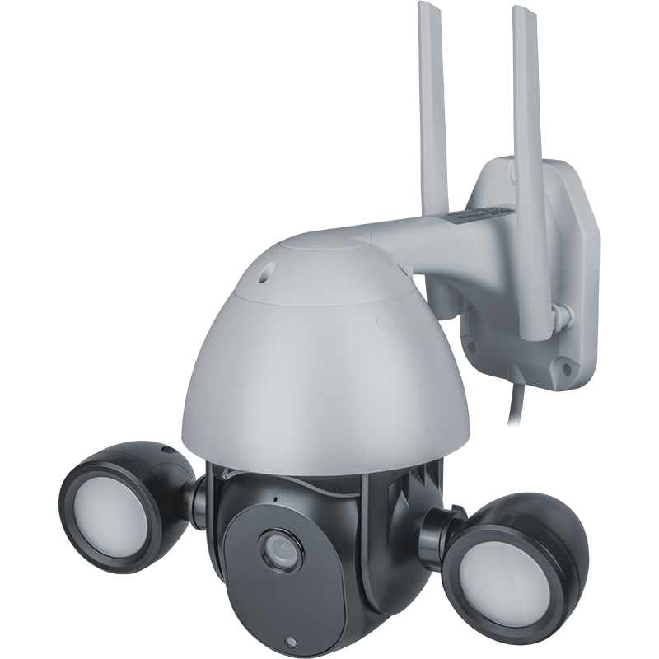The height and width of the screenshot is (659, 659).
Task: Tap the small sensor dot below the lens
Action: coord(290,641)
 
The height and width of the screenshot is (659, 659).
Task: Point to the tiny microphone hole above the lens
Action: coord(273,500)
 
